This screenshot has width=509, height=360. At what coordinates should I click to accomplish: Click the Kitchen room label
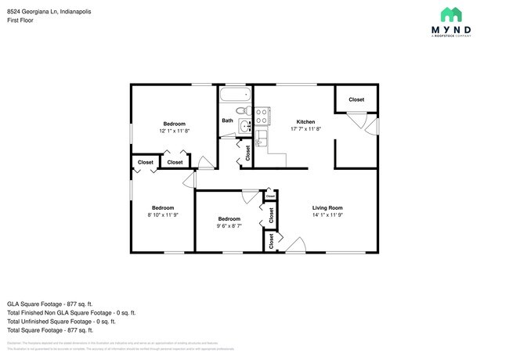pyautogui.click(x=305, y=121)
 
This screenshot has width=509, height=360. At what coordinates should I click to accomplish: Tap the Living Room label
pyautogui.click(x=328, y=207)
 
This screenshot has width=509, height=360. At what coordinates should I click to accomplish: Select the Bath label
pyautogui.click(x=227, y=121)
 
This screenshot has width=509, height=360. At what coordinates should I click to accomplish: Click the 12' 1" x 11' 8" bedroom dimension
pyautogui.click(x=174, y=131)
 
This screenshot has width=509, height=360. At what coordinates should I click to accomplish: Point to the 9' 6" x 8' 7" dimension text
pyautogui.click(x=229, y=226)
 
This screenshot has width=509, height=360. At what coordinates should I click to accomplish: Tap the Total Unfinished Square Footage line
pyautogui.click(x=61, y=321)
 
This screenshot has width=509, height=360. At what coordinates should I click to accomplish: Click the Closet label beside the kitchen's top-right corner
pyautogui.click(x=356, y=100)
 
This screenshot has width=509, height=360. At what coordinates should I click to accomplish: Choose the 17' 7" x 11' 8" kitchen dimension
pyautogui.click(x=305, y=129)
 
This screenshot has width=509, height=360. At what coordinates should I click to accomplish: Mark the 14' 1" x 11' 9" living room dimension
pyautogui.click(x=328, y=215)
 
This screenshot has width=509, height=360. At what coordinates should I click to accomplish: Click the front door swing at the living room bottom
pyautogui.click(x=295, y=247)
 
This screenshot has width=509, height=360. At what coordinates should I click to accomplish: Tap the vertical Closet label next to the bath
pyautogui.click(x=247, y=153)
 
